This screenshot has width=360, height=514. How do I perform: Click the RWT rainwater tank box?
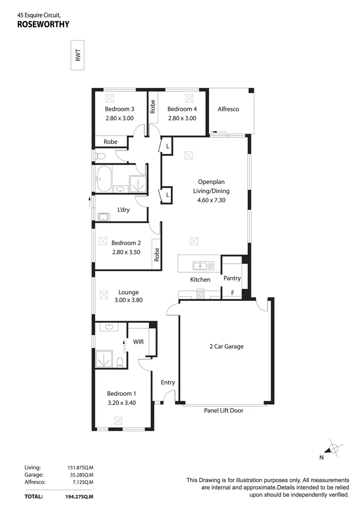point(78,57)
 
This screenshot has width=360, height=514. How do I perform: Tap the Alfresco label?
point(228,109)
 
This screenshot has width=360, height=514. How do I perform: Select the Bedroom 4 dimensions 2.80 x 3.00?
point(182,119)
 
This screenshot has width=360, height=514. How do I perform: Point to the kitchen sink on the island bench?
point(203,266)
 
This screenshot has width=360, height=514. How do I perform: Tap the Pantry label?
point(232,278)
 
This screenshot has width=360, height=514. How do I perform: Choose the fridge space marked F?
point(233,293)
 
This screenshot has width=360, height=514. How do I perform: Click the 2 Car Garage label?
point(226,346)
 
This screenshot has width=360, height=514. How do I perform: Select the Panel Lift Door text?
point(224,410)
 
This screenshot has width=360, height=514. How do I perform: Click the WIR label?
point(138,342)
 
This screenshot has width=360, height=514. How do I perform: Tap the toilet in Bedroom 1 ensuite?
point(120,362)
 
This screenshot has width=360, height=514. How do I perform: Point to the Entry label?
point(168,382)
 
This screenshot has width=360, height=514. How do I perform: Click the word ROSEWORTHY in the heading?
point(43,25)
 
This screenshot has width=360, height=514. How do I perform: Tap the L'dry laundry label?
point(124,210)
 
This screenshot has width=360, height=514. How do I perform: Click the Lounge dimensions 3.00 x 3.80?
point(128,300)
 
